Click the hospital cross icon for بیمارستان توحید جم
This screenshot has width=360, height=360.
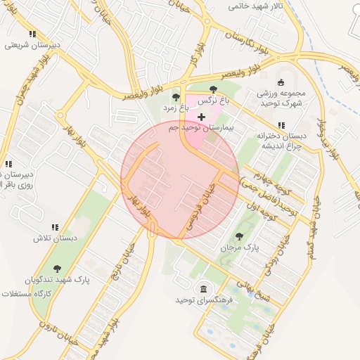click(x=202, y=116)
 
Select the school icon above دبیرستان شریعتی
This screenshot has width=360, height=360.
click(x=32, y=33)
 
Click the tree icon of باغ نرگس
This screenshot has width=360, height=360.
click(x=213, y=89)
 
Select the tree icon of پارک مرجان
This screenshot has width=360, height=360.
click(x=240, y=236)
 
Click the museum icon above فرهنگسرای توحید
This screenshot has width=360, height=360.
click(x=203, y=289)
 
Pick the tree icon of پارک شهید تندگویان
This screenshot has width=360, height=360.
click(x=57, y=268)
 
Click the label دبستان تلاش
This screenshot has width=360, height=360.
click(x=54, y=238)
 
